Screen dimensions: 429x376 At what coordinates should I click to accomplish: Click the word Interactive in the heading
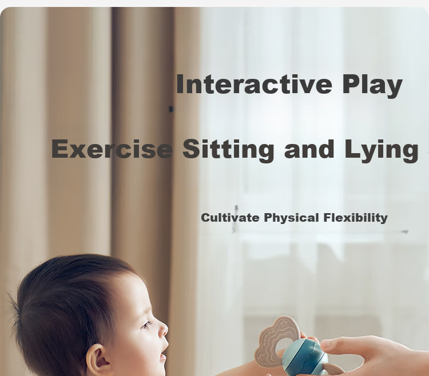click(254, 84)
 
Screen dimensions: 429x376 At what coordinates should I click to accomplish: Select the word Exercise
click(112, 149)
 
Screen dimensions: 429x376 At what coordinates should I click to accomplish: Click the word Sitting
click(228, 150)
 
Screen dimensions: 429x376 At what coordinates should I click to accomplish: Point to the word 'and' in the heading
click(309, 149)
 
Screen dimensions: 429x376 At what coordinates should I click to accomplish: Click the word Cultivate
click(230, 218)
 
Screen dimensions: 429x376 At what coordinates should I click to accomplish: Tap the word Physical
click(291, 218)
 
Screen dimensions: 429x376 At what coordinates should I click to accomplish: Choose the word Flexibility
click(355, 218)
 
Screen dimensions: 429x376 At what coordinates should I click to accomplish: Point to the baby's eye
click(146, 325)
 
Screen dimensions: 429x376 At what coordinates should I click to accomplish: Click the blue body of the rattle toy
click(305, 357)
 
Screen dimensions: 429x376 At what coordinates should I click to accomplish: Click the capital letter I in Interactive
click(180, 85)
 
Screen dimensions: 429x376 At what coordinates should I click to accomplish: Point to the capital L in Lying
click(352, 149)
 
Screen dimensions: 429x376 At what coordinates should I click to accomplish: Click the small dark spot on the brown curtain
click(171, 109)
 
